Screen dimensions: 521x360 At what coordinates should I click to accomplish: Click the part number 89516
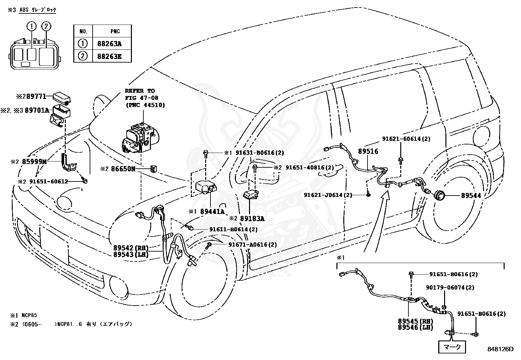(368, 151)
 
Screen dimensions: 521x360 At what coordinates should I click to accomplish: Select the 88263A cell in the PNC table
(112, 44)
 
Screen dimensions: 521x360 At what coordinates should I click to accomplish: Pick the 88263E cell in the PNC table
(112, 56)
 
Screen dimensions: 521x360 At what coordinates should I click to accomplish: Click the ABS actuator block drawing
(140, 138)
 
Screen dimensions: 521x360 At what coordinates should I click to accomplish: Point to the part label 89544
(471, 195)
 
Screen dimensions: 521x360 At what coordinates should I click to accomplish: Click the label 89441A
(212, 211)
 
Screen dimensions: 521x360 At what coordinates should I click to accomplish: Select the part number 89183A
(252, 218)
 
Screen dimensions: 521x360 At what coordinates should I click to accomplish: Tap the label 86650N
(123, 169)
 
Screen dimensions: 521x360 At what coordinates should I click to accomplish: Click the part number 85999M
(34, 161)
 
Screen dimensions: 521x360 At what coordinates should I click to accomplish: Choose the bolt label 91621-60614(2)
(406, 139)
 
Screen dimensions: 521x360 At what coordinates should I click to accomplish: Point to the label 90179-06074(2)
(450, 287)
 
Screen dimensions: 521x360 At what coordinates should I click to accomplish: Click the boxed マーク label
(452, 347)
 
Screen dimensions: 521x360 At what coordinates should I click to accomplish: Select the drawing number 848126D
(500, 349)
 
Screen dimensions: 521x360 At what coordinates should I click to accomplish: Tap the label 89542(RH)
(131, 248)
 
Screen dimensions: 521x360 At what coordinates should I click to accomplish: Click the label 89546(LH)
(415, 327)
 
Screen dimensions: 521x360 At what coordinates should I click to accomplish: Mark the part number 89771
(36, 96)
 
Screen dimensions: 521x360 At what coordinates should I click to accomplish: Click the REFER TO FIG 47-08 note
(145, 98)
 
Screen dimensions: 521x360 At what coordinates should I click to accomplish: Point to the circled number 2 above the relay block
(46, 26)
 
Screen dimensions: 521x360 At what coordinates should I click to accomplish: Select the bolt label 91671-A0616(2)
(253, 244)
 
